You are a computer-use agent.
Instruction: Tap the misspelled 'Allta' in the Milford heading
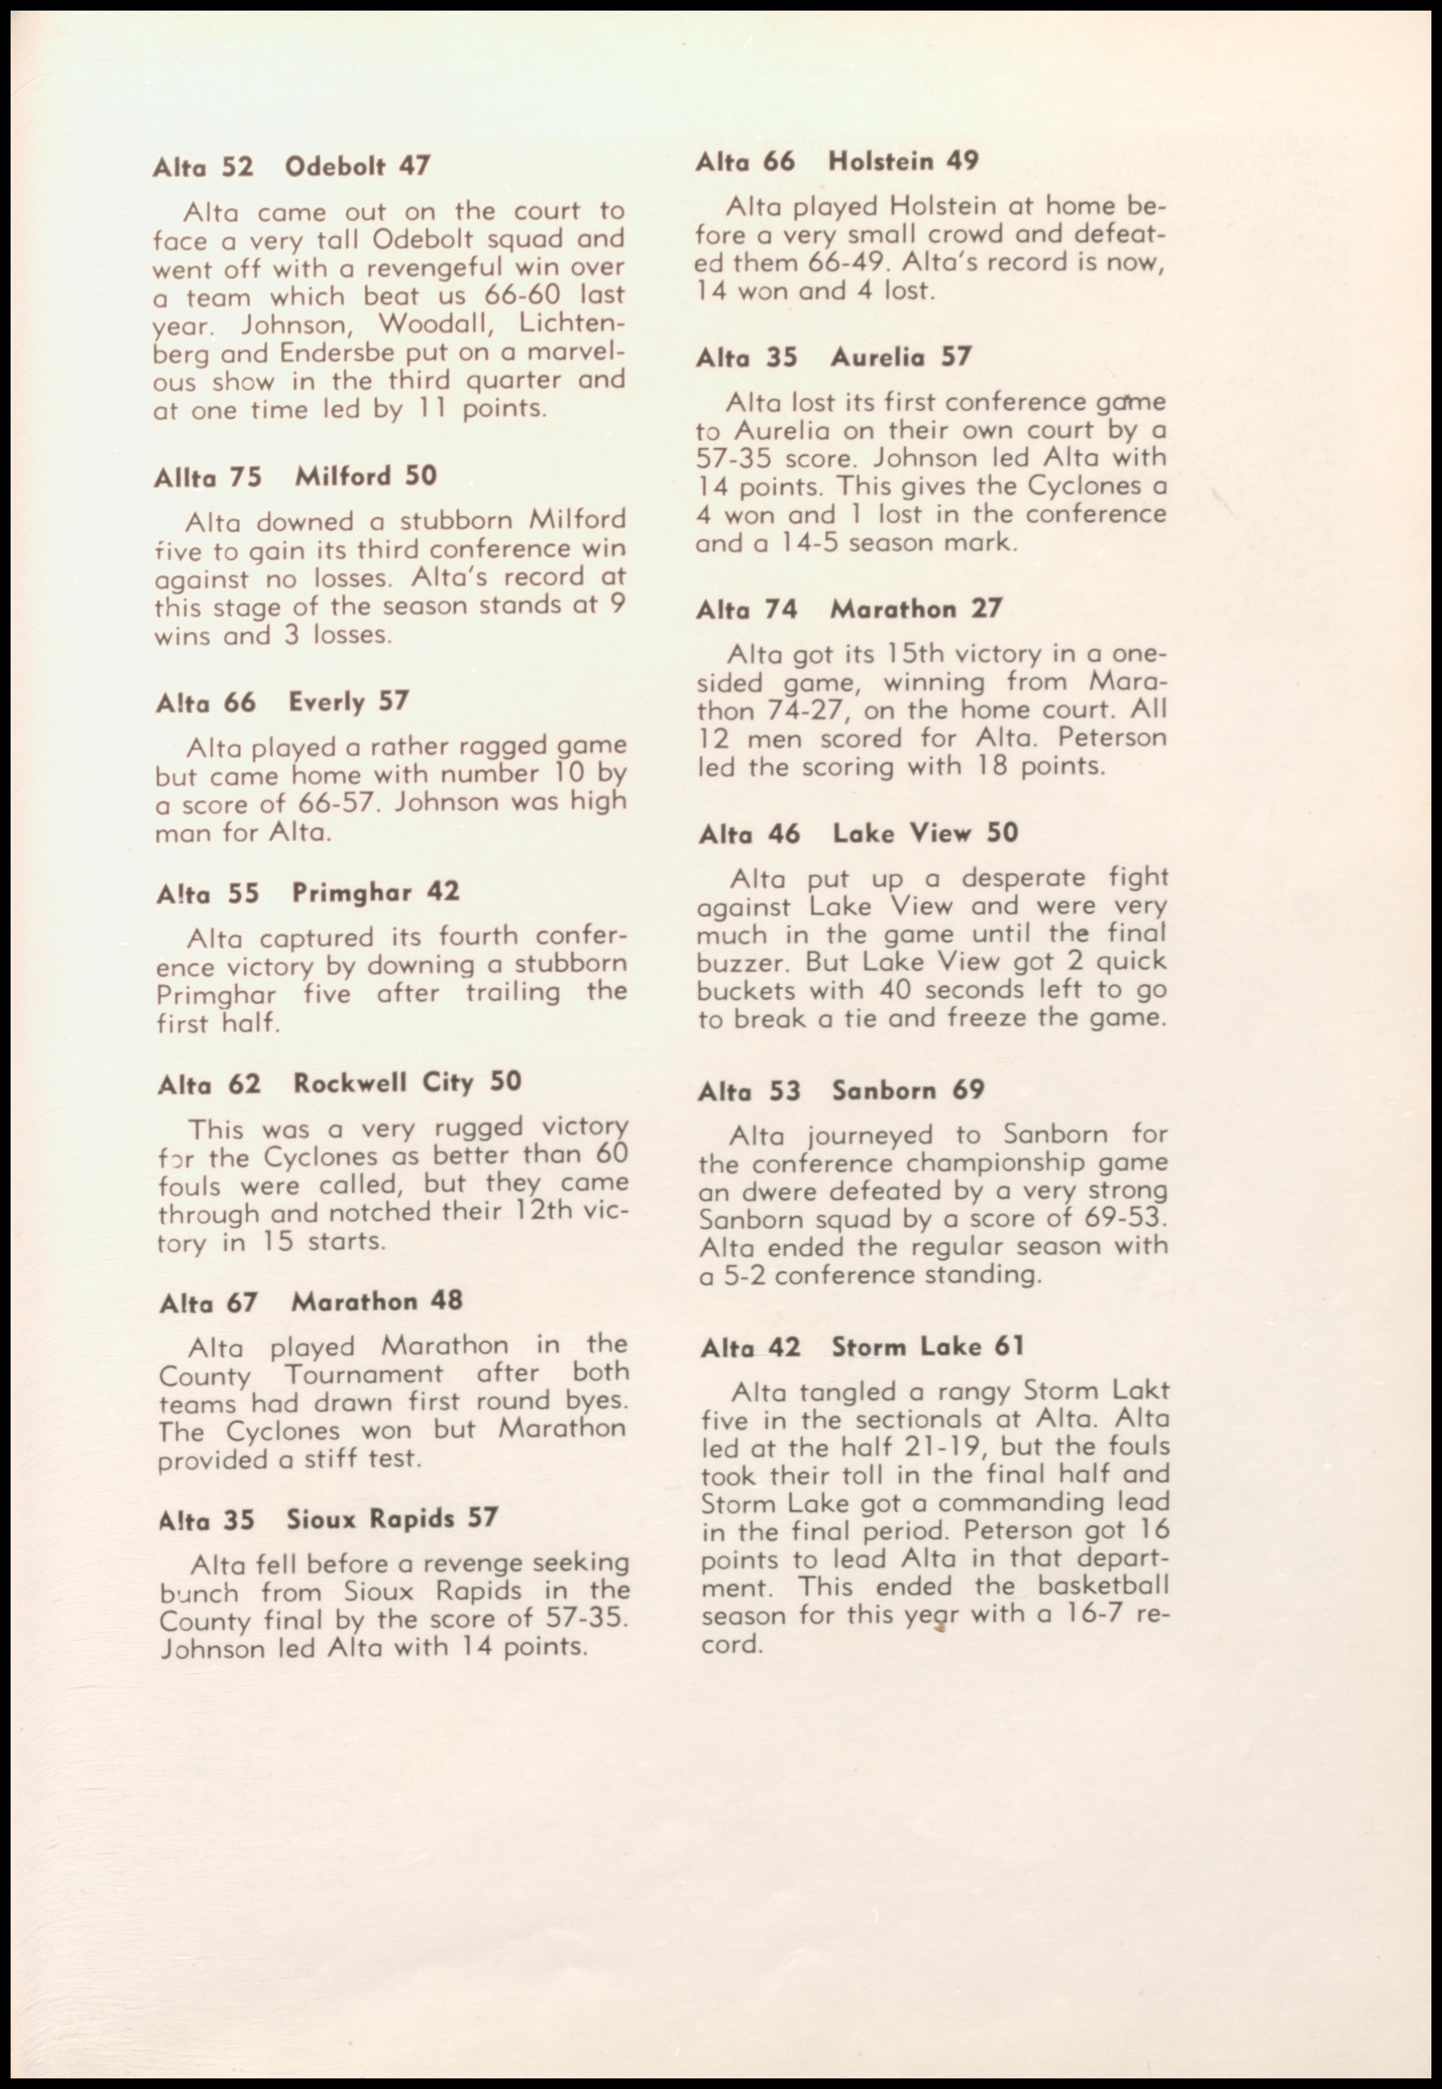tap(185, 478)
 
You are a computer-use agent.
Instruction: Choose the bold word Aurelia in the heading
tap(877, 358)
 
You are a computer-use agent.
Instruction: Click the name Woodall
tap(435, 323)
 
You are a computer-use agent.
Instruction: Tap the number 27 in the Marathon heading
tap(987, 609)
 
